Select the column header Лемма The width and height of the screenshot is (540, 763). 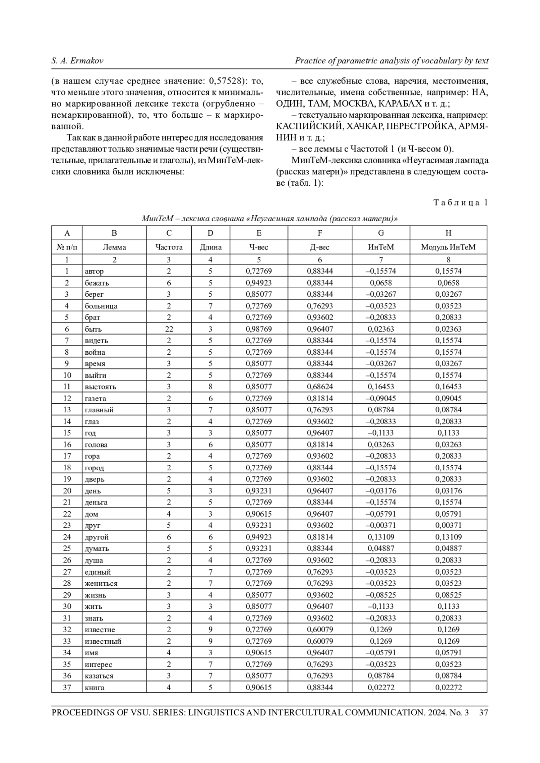point(114,247)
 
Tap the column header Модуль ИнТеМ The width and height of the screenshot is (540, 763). point(448,247)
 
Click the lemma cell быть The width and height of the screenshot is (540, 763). point(94,329)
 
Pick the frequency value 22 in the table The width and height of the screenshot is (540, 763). point(169,329)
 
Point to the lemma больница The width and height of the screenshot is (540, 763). point(101,306)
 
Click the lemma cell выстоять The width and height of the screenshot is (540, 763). point(100,387)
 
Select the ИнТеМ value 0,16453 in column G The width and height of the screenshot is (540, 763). point(381,387)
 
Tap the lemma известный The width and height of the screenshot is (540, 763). point(103,641)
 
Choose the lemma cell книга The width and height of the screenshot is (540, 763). point(94,687)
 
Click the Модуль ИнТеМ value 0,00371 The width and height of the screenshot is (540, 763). point(448,525)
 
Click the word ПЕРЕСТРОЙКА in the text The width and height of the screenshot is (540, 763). point(420,126)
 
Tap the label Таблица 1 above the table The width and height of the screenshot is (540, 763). point(460,203)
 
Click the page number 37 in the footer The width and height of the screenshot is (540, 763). point(484,713)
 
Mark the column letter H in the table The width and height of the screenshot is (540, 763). point(448,233)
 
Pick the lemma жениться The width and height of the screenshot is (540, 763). point(101,583)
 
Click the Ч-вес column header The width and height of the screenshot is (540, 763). point(259,247)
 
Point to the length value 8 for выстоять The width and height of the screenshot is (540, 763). point(210,387)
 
